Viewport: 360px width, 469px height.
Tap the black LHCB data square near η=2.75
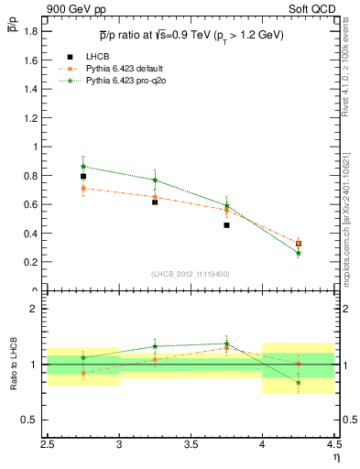pos(83,176)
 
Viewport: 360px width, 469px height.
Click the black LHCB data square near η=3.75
pos(226,224)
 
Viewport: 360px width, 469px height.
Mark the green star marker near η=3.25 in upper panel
pos(155,180)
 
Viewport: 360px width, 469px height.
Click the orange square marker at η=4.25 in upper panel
pos(299,243)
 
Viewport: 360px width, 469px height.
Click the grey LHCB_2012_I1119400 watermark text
pos(191,273)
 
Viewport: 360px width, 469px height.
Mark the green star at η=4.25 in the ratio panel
pos(299,382)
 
